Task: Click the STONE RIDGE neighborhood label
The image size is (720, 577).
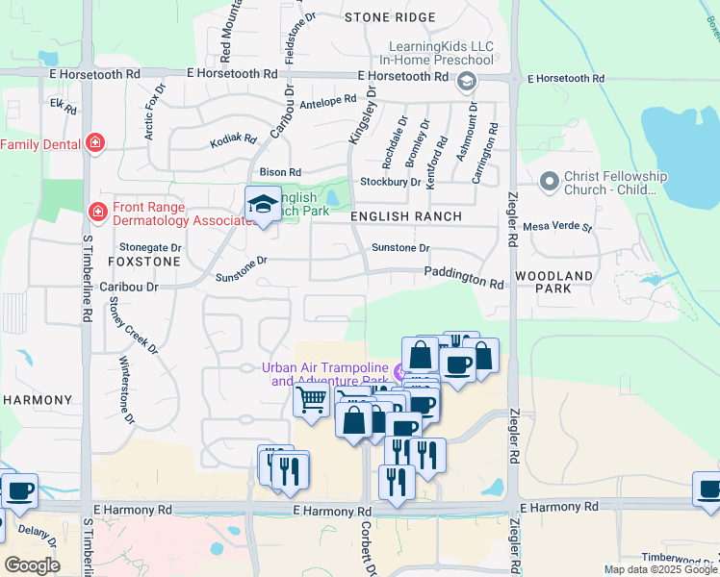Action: point(390,17)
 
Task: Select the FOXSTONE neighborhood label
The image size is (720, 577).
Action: point(143,261)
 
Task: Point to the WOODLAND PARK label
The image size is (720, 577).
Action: point(554,282)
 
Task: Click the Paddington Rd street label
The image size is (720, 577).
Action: point(465,278)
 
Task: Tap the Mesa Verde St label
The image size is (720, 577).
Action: point(557,227)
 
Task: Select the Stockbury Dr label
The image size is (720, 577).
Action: point(390,181)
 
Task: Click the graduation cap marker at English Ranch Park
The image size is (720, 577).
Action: point(262,204)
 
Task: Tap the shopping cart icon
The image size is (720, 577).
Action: point(311,397)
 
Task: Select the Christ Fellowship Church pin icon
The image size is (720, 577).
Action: point(550,181)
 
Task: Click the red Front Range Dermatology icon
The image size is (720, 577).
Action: point(97,211)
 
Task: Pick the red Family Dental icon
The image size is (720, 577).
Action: point(95,144)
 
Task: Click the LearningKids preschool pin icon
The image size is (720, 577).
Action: point(467,81)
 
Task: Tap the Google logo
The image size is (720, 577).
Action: point(32,565)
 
